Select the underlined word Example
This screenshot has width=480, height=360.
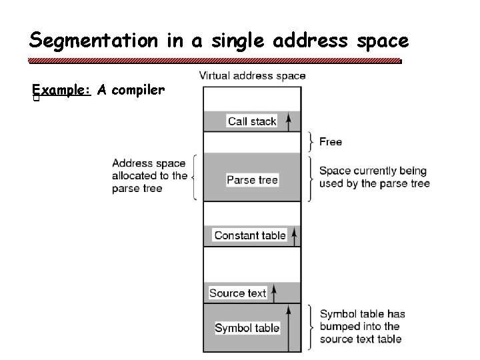click(x=60, y=90)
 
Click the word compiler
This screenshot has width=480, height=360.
click(x=138, y=90)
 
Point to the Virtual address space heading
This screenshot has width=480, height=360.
click(x=252, y=75)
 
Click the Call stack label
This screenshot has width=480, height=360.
click(x=252, y=121)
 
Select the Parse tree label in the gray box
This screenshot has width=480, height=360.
click(x=252, y=180)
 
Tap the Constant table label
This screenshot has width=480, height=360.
click(x=250, y=235)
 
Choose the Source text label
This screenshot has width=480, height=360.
click(x=237, y=293)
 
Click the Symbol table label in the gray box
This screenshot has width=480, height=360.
click(x=247, y=328)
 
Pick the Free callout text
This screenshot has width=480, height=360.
click(x=331, y=141)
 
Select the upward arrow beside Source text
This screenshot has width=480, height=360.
click(x=274, y=292)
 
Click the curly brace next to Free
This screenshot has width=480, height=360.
click(x=312, y=141)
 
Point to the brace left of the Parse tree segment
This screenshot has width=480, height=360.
click(x=193, y=177)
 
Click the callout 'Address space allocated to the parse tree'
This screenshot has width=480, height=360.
click(x=149, y=175)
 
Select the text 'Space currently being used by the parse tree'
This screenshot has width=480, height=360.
click(x=374, y=177)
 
